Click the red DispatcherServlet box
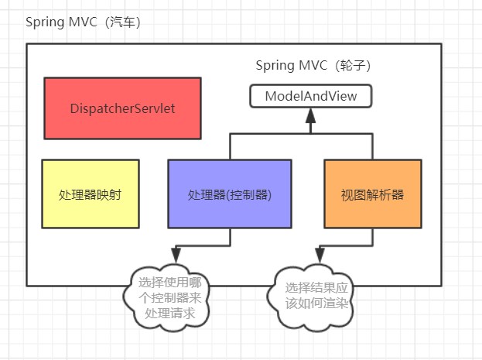(122, 108)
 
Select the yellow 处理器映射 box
(91, 194)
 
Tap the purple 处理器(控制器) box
(230, 194)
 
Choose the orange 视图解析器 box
(372, 194)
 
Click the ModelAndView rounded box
(311, 97)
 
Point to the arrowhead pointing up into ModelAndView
(311, 115)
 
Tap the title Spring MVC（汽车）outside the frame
(83, 21)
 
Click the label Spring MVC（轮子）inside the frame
(319, 65)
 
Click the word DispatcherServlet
(122, 108)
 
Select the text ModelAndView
(311, 97)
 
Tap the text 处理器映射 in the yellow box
(91, 194)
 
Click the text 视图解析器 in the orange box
(372, 194)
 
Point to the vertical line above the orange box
(372, 146)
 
